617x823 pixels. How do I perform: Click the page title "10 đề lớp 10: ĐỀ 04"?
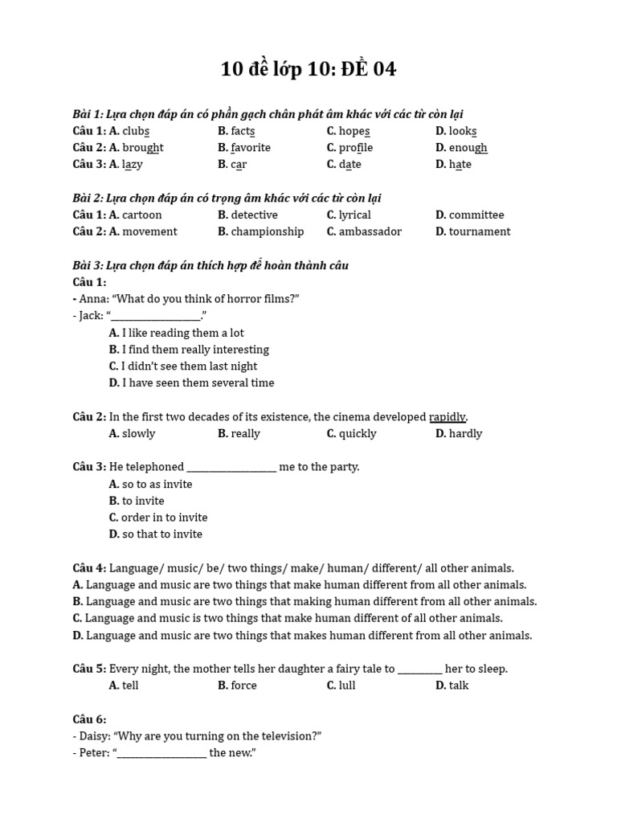(x=308, y=70)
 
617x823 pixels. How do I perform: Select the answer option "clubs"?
(x=136, y=131)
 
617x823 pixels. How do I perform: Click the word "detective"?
(x=254, y=215)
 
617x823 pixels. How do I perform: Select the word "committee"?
(x=476, y=215)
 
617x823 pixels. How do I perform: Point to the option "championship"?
(x=268, y=232)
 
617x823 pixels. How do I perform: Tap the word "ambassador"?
(x=370, y=232)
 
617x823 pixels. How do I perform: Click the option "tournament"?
(x=480, y=232)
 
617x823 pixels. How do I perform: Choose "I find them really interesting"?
(x=195, y=350)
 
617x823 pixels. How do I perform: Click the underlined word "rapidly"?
(x=447, y=417)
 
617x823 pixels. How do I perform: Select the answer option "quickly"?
(x=358, y=434)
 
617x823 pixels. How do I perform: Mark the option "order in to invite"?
(x=165, y=518)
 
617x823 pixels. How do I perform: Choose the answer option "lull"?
(x=347, y=686)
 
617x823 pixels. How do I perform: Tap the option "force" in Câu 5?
(x=243, y=686)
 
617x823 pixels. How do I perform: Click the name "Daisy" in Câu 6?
(x=95, y=736)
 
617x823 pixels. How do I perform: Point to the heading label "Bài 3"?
(x=86, y=266)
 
